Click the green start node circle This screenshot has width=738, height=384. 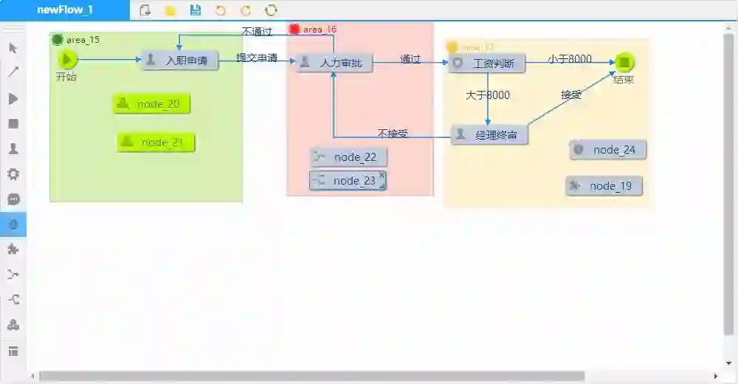coord(67,59)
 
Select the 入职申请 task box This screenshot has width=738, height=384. coord(180,61)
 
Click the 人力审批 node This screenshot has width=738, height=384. coord(334,63)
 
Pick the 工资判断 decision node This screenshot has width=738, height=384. coord(486,64)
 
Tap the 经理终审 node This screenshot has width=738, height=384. coord(489,134)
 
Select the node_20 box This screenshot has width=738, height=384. coord(151,104)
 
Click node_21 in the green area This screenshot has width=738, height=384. coord(156,142)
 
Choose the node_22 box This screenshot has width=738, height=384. coord(348,157)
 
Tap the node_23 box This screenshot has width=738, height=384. coord(348,180)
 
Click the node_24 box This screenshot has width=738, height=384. coord(607,150)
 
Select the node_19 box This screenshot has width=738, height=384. coord(604,186)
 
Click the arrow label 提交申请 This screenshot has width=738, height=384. coord(256,58)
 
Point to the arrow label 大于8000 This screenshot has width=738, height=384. coord(487,95)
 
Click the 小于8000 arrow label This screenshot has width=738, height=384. coord(569,59)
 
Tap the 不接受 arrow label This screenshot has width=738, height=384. coord(393,134)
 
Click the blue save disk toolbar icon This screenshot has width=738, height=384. coord(196,10)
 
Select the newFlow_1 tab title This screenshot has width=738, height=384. coord(65,10)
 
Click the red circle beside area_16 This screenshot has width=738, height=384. coord(294,30)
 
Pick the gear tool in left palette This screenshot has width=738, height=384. coord(13,174)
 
